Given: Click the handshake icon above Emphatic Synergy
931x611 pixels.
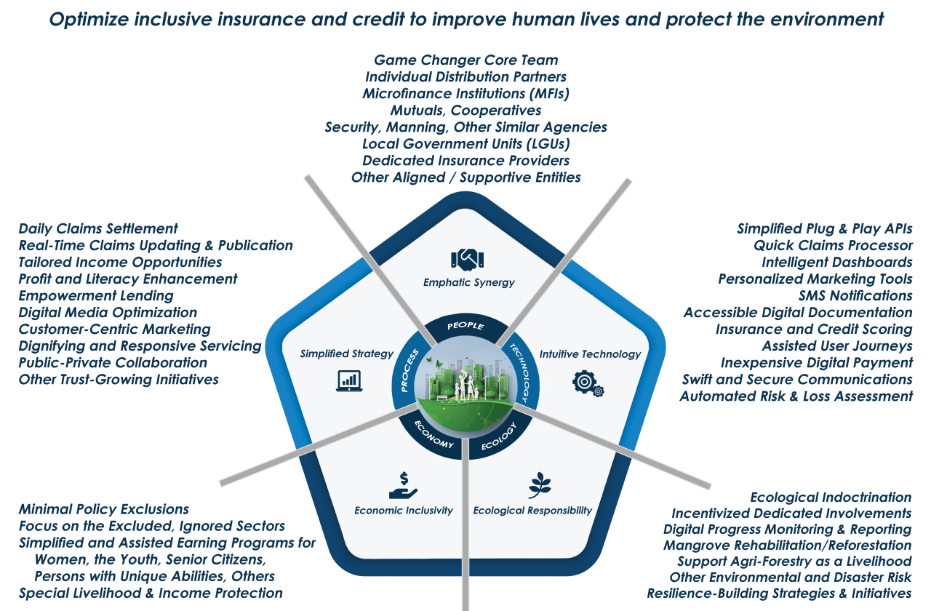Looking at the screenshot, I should (x=468, y=259).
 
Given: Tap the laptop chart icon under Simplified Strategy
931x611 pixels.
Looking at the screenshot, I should (x=349, y=380).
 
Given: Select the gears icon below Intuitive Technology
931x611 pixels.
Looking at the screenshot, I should (x=588, y=383).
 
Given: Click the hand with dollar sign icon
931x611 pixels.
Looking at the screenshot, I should (x=403, y=486).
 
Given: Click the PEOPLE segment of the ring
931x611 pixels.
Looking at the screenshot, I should (x=465, y=325).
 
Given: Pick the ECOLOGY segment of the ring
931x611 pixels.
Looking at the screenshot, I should (x=498, y=440).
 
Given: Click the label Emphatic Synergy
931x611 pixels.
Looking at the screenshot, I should (x=468, y=282).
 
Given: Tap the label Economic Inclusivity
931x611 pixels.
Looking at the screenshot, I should (x=404, y=511).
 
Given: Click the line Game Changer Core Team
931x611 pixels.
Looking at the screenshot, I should (x=465, y=60).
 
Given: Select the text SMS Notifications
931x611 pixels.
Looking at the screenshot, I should (x=855, y=296).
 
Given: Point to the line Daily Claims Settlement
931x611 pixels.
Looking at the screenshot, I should (x=98, y=228).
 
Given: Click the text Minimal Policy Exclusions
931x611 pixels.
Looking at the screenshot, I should (x=104, y=509).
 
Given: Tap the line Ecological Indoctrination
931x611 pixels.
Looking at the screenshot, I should (x=831, y=498).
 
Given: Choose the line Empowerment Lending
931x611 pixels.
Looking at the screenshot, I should (x=96, y=296).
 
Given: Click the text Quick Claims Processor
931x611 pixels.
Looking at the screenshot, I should (x=833, y=245).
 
